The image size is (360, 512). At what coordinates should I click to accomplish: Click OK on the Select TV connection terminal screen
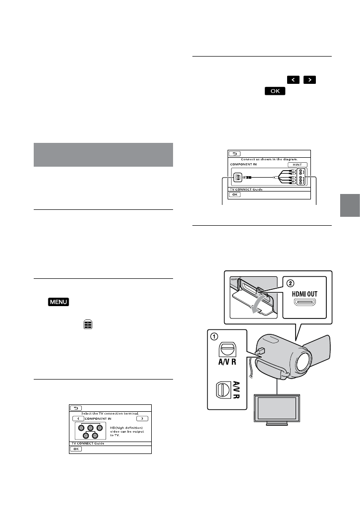click(x=75, y=448)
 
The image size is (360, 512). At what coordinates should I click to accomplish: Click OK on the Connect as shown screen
click(x=234, y=194)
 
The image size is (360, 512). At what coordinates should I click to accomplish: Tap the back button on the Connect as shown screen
click(x=234, y=154)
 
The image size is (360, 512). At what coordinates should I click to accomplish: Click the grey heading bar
click(x=103, y=155)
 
